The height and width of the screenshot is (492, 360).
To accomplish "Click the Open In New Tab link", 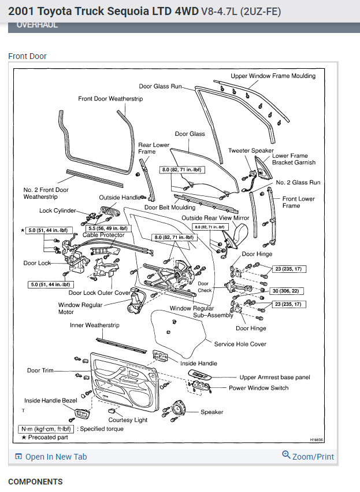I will pos(55,457).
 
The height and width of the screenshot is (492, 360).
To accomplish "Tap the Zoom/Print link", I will pos(313,456).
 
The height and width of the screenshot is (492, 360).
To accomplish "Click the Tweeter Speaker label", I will pos(251,150).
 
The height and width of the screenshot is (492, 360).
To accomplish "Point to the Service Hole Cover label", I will pos(240,344).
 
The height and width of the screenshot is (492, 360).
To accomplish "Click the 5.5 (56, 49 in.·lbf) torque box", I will pos(109,228).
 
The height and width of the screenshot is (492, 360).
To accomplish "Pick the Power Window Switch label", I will pos(258,388).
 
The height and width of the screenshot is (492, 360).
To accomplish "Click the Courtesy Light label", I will pos(128,420).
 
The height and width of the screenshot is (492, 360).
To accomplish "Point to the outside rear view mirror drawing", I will pos(237,235).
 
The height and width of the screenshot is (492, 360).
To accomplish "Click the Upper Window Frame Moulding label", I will pos(273,76).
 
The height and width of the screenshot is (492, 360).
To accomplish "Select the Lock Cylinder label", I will pos(58,210).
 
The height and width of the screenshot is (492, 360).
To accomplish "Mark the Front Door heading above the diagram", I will pos(27,56).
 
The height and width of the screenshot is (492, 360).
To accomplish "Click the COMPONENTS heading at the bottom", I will pos(35,482).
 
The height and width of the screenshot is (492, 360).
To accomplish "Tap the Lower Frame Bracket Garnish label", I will pos(294,159).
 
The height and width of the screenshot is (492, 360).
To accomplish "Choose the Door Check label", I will pos(203,287).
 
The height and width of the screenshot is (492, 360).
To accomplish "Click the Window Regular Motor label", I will pos(80,308).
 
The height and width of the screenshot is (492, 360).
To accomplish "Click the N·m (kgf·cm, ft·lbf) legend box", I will pos(46,429).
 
